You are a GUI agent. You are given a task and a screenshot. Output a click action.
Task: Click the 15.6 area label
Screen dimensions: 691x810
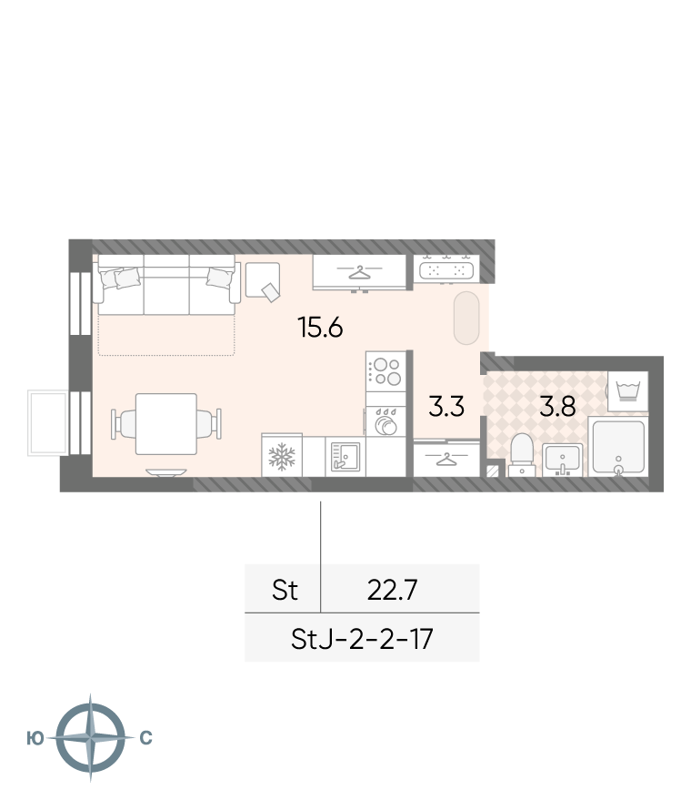click(x=320, y=327)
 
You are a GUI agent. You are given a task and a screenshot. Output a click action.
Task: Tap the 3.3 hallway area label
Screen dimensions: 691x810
click(x=446, y=406)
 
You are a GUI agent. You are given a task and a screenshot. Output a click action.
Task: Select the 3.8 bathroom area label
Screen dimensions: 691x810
click(x=557, y=406)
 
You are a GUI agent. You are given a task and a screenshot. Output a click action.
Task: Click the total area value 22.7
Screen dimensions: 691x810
click(x=392, y=590)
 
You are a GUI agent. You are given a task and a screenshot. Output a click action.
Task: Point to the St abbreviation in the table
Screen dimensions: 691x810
click(x=285, y=590)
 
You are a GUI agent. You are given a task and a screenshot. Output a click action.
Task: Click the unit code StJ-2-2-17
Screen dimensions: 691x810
click(x=362, y=639)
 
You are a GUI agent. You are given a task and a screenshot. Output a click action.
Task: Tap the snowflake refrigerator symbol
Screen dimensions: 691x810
click(x=282, y=457)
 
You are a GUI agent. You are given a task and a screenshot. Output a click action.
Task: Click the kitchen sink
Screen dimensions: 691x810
click(x=345, y=456)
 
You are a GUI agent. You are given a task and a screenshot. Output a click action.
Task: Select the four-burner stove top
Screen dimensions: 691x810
click(x=386, y=371)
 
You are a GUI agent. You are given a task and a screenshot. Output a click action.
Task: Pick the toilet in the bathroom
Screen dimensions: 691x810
click(x=521, y=453)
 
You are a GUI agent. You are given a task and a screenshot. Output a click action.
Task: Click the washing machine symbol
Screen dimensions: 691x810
click(x=628, y=391)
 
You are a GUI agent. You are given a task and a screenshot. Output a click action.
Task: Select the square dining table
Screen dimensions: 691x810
click(x=166, y=424)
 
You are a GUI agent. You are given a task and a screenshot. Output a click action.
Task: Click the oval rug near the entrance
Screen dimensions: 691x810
click(x=466, y=319)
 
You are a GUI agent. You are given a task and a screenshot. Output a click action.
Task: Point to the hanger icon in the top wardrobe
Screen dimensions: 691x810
click(x=360, y=272)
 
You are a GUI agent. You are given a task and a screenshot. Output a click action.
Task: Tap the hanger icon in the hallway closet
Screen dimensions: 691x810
click(x=447, y=458)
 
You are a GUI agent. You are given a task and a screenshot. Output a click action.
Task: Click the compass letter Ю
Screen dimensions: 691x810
click(x=35, y=738)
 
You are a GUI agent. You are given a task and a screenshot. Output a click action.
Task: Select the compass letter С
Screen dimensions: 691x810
click(x=146, y=738)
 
